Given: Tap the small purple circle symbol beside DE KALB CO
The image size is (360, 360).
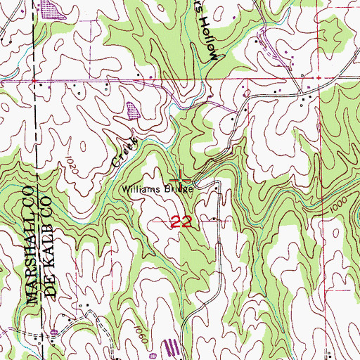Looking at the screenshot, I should tap(55, 331).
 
